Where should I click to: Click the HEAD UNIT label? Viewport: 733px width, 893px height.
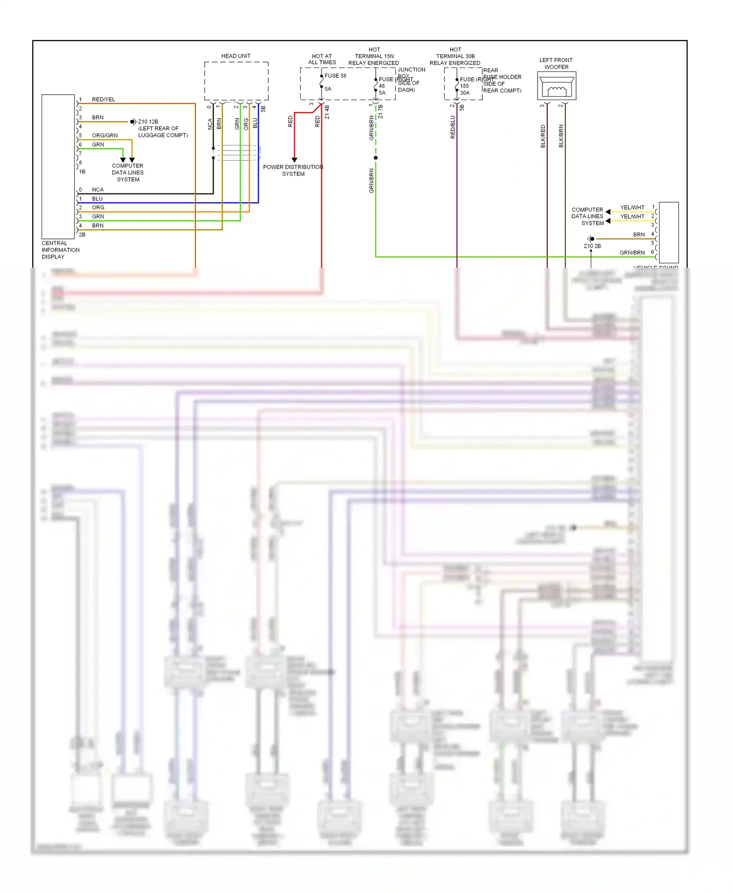coord(236,56)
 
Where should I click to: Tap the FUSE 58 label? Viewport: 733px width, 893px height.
coord(335,76)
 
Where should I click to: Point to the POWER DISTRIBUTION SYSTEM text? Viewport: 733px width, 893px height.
coord(293,170)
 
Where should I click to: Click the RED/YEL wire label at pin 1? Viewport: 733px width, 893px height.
coord(103,99)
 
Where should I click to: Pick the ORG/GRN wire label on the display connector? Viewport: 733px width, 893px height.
coord(105,135)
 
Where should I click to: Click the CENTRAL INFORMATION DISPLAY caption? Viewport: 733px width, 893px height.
coord(60,250)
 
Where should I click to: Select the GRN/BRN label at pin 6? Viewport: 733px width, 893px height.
coord(632,253)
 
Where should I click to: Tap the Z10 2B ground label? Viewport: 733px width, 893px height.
coord(592,246)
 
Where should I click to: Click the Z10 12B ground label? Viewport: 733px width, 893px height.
coord(148,122)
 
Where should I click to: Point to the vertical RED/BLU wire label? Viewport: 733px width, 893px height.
coord(453,127)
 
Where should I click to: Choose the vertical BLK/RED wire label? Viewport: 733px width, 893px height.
coord(543,136)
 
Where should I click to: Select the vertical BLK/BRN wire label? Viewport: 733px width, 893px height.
coord(561,136)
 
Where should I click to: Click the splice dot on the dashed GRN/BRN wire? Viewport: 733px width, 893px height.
coord(375,158)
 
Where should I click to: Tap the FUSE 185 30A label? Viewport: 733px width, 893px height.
coord(466,86)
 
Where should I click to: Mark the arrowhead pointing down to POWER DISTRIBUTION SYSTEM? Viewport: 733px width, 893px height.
coord(294,160)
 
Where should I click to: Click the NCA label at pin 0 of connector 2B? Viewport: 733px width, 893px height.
coord(98,190)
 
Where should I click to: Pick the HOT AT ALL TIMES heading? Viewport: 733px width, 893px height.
coord(322,59)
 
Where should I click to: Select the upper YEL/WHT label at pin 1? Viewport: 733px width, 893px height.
coord(632,208)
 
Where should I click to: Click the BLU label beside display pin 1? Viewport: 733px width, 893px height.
coord(97,199)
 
